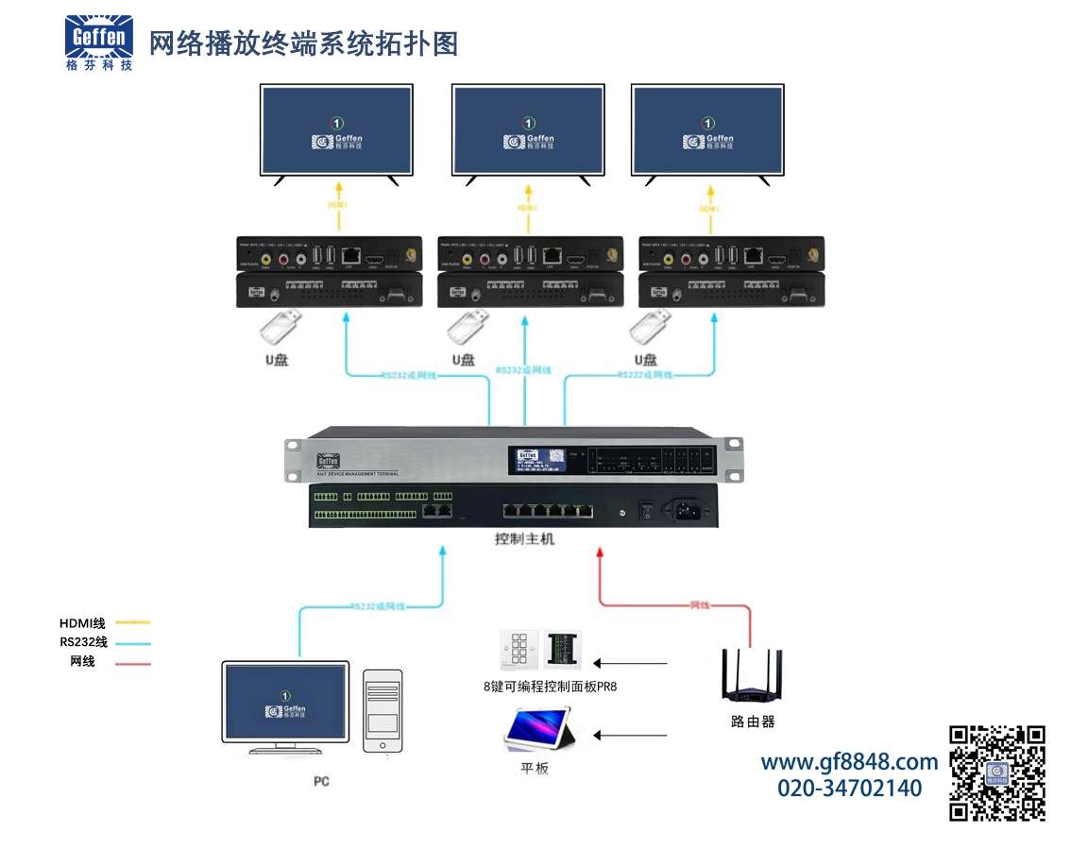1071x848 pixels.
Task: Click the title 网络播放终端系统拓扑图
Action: point(303,43)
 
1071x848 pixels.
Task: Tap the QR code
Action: point(996,772)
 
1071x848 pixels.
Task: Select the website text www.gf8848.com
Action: point(849,762)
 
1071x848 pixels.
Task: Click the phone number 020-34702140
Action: point(849,788)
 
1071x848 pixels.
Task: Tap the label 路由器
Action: point(753,721)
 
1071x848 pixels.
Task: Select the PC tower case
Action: point(382,710)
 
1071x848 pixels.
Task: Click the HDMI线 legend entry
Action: point(83,623)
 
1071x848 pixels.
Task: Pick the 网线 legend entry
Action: point(83,662)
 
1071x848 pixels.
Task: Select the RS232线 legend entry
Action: point(83,642)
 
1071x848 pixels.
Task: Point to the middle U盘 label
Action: point(463,360)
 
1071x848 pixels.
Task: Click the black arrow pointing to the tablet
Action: point(630,735)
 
